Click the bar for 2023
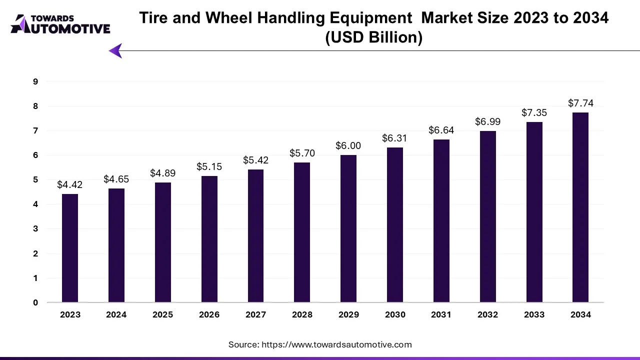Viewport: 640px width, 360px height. point(70,248)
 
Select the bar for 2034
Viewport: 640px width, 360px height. point(580,207)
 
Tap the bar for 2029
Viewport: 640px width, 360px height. point(348,229)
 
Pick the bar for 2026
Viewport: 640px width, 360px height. point(209,239)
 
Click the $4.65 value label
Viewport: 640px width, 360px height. point(116,179)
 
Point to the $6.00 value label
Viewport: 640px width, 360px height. point(348,145)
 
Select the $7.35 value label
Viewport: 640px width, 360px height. point(534,112)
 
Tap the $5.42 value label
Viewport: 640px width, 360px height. point(255,160)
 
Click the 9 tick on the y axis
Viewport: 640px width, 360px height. point(35,81)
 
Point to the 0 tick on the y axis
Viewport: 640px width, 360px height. point(35,302)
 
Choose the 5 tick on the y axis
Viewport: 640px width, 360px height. point(35,179)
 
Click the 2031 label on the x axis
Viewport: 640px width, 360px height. point(441,314)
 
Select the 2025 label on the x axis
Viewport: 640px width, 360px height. point(162,314)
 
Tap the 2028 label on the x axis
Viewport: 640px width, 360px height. point(302,314)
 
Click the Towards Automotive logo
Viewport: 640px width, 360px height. point(60,24)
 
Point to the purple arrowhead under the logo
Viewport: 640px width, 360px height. point(115,50)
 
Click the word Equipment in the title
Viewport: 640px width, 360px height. point(373,18)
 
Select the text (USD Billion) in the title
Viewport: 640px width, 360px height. point(373,37)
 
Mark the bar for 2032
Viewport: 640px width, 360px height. point(487,216)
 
